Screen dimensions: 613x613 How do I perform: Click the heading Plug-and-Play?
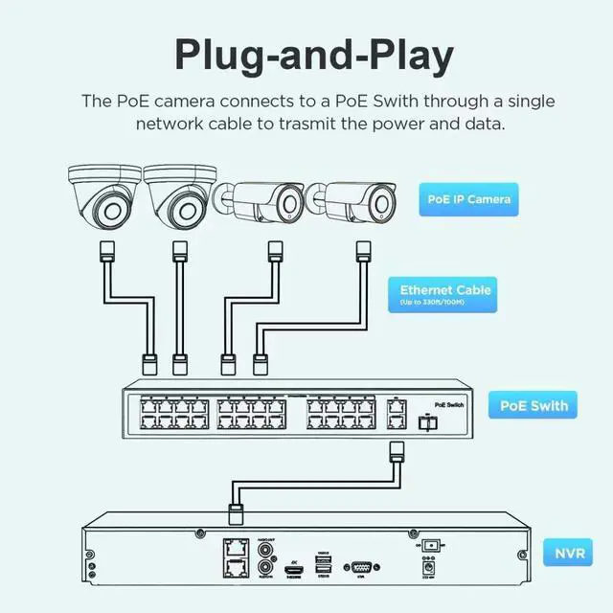click(313, 56)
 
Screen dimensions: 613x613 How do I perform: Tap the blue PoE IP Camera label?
click(467, 199)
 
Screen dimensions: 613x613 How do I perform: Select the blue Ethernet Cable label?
click(445, 293)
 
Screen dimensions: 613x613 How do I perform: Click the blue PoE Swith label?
click(534, 405)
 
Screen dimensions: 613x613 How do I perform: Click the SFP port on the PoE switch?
click(428, 420)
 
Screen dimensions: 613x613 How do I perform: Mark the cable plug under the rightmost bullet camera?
click(362, 254)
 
